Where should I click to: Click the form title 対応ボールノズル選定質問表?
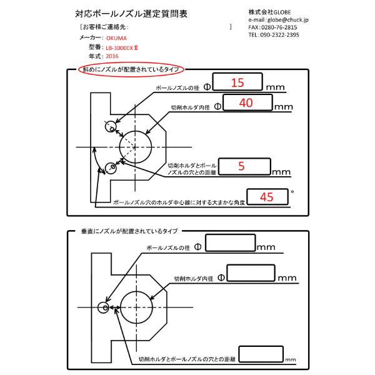[x=130, y=13]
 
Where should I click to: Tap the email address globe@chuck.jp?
[x=289, y=20]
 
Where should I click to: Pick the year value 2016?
[x=112, y=56]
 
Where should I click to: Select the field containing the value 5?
[x=244, y=166]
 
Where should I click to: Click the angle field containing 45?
[x=268, y=196]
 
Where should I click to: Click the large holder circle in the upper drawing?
[x=136, y=147]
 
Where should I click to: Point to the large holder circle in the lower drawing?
[x=137, y=307]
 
